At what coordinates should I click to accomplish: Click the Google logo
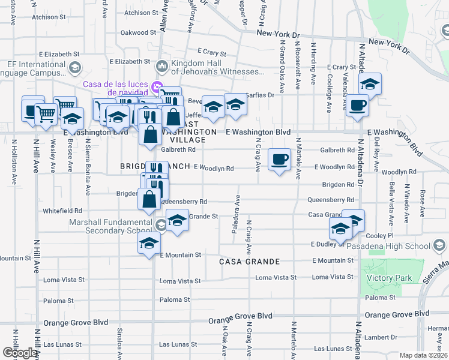pos(20,353)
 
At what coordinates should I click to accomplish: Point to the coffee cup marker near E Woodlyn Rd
pos(279,159)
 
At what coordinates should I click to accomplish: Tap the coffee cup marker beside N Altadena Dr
pos(357,106)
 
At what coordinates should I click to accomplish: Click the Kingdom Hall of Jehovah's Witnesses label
pos(217,67)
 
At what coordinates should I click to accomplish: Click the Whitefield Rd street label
pos(62,211)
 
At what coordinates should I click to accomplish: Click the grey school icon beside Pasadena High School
pos(439,246)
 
